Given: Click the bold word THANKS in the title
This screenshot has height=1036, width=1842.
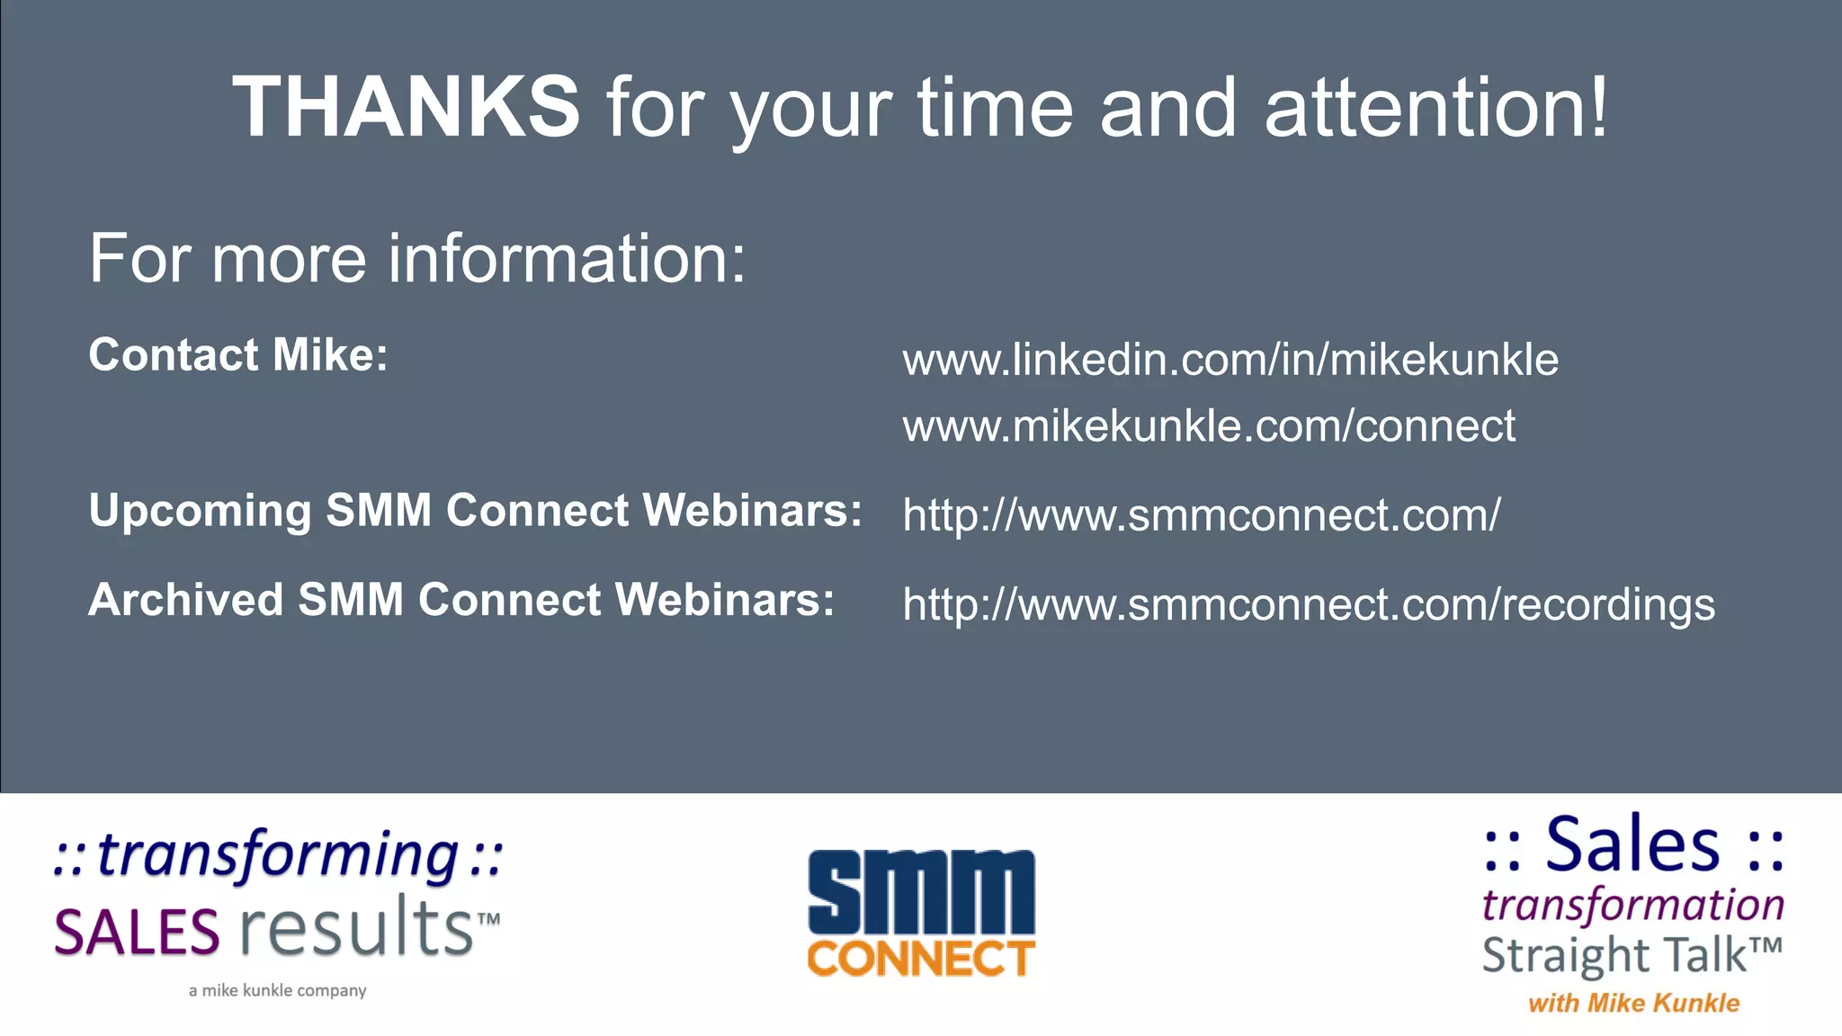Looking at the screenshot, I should click(406, 107).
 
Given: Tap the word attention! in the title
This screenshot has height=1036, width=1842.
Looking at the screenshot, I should click(1435, 107).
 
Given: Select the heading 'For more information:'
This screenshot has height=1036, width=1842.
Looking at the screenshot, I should click(417, 258).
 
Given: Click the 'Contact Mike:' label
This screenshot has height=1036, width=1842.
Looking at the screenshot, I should click(238, 354).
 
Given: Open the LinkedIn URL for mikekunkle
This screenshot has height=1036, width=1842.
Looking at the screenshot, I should click(1230, 360).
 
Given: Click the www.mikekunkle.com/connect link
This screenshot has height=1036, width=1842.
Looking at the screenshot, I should click(1209, 425).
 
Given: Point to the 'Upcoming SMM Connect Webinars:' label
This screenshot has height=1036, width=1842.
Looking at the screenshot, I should click(475, 511).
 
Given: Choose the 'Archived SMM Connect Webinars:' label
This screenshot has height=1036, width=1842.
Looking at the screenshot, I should click(461, 600).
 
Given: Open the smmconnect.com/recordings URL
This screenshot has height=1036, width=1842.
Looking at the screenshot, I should click(1309, 603).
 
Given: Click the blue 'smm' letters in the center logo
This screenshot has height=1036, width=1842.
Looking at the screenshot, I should click(921, 892).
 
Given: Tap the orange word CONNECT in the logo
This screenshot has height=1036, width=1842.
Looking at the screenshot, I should click(921, 959).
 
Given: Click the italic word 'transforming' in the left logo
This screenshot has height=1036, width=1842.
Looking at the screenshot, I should click(278, 854).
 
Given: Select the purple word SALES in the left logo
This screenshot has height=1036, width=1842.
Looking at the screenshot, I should click(137, 933).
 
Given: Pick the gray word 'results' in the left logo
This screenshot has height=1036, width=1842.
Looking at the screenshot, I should click(357, 928).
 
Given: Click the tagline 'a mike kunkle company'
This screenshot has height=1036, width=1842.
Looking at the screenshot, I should click(278, 990).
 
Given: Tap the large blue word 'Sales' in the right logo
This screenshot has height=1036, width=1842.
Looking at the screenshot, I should click(1632, 845).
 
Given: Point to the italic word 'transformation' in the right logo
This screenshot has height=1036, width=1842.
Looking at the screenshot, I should click(1632, 905).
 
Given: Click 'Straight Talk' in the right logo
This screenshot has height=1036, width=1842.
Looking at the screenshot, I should click(1614, 955).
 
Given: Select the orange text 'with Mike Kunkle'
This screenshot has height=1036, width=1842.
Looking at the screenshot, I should click(1633, 1003).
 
